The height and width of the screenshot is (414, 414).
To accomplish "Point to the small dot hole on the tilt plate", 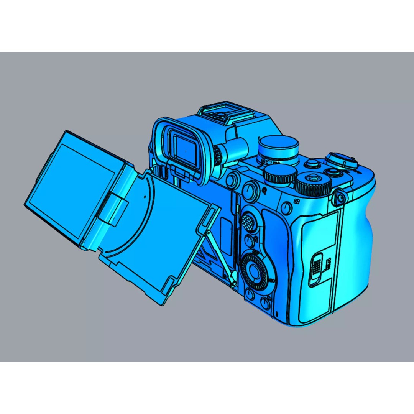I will (x=145, y=196).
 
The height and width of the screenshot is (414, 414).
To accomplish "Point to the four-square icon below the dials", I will (x=296, y=202).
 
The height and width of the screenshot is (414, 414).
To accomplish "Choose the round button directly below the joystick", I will (x=250, y=241).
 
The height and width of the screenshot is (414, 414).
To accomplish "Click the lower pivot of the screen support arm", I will (x=233, y=283).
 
